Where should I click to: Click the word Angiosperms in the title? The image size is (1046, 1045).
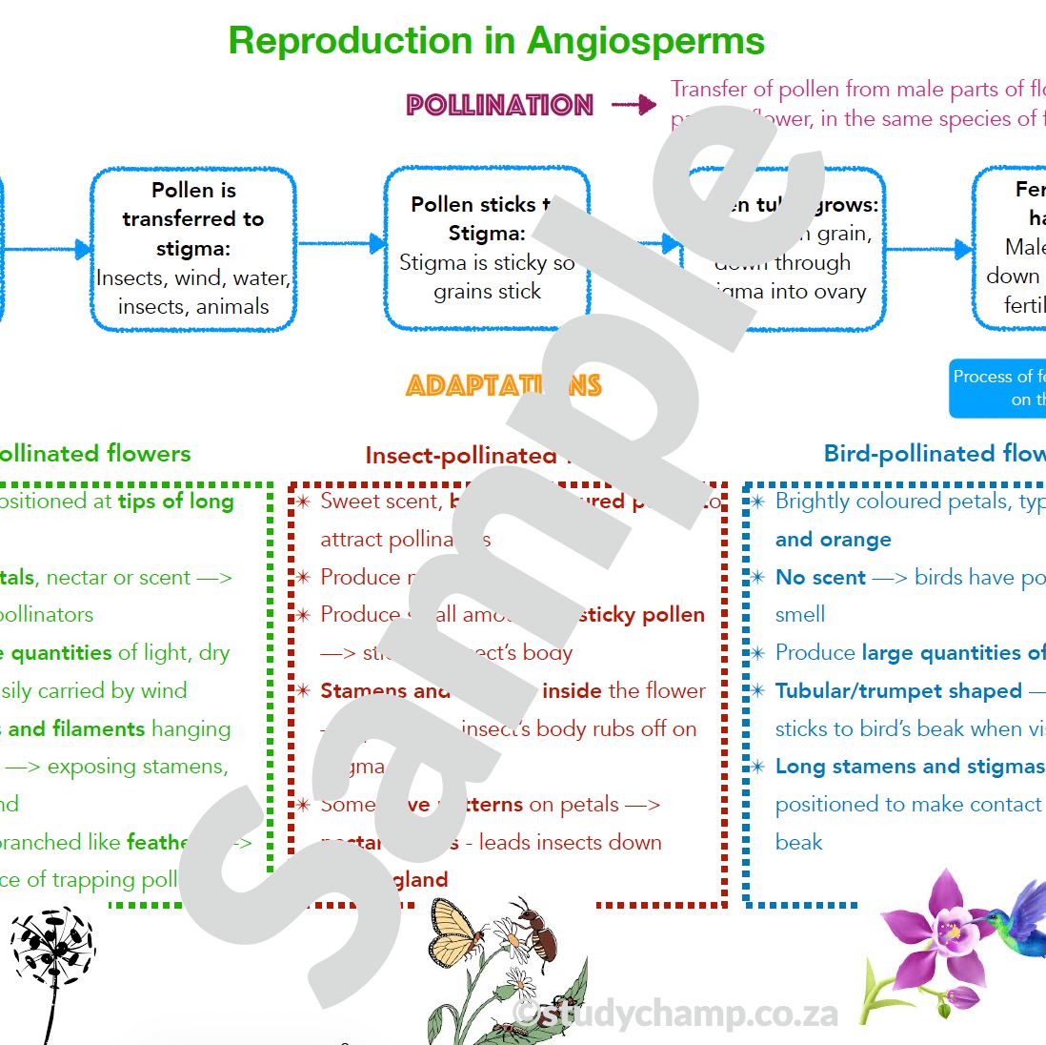click(645, 41)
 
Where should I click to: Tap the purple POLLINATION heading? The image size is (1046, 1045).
click(499, 105)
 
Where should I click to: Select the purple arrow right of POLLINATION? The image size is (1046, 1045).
click(634, 105)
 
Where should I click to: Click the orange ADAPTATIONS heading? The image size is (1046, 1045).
click(503, 385)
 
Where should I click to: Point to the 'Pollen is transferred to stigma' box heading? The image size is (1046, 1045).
click(193, 218)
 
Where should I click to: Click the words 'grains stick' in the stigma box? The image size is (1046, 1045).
click(487, 292)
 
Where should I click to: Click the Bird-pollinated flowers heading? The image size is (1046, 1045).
click(934, 454)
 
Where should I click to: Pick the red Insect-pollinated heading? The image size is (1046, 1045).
click(461, 456)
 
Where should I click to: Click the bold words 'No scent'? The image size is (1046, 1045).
click(820, 577)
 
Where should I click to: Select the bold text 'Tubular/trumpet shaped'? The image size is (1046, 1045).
click(897, 690)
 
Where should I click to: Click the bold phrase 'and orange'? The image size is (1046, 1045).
click(833, 539)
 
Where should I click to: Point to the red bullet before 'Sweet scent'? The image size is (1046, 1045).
click(303, 502)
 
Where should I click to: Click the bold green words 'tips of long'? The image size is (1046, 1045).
click(175, 502)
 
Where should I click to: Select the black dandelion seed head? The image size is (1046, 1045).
click(53, 949)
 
